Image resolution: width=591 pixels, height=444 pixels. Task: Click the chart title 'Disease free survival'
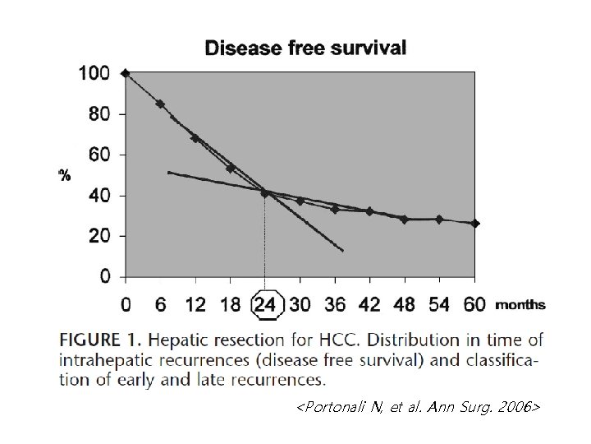click(305, 48)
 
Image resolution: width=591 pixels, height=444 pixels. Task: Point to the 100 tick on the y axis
click(93, 73)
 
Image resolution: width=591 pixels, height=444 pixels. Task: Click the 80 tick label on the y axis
click(98, 113)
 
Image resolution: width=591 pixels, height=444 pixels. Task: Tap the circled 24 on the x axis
click(265, 305)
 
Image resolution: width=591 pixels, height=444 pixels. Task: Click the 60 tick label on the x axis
click(474, 305)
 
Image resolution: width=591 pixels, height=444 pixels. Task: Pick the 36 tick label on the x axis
click(335, 305)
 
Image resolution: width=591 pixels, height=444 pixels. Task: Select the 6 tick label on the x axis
click(160, 305)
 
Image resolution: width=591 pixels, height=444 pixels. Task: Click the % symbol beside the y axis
click(64, 175)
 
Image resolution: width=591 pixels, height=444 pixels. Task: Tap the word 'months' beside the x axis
click(520, 305)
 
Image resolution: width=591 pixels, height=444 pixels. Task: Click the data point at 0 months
click(125, 73)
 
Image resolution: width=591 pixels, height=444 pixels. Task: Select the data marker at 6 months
click(160, 104)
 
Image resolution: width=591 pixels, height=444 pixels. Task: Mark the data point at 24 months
click(264, 192)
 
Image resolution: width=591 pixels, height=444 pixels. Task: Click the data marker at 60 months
click(474, 224)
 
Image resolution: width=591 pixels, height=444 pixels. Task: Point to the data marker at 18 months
click(231, 168)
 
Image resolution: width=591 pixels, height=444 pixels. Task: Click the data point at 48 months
click(404, 220)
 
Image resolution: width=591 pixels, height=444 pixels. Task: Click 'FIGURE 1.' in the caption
click(99, 339)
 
